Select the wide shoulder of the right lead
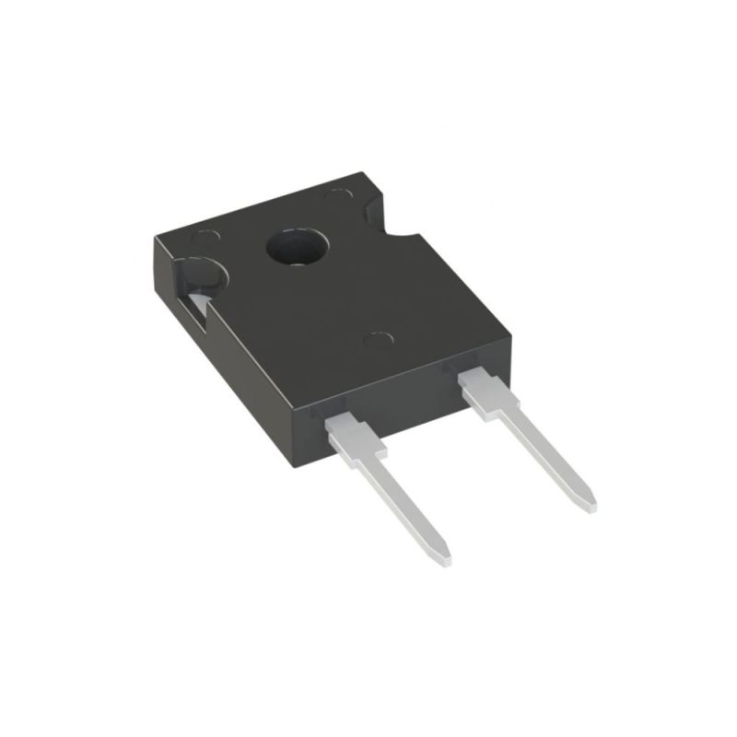[x=488, y=391]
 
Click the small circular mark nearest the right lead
[x=378, y=340]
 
